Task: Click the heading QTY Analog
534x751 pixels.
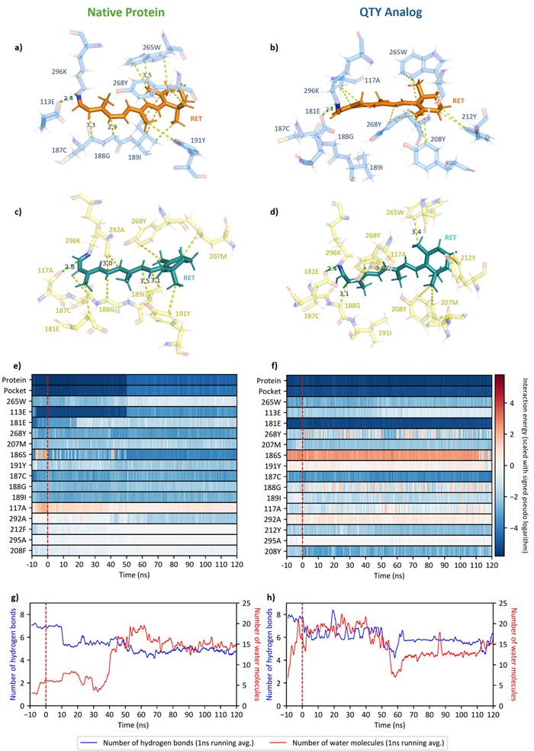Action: [x=394, y=13]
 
